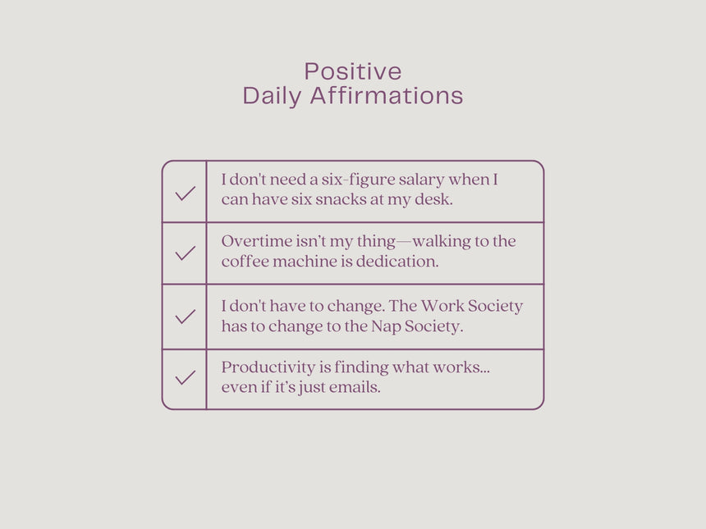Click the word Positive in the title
click(353, 71)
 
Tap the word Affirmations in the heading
click(387, 95)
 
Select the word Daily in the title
click(272, 97)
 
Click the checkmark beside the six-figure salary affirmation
click(185, 193)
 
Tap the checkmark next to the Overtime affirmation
click(185, 253)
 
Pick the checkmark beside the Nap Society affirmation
click(185, 317)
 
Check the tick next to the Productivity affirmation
click(185, 377)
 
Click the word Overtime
click(257, 241)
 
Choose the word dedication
click(397, 262)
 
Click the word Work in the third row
click(442, 306)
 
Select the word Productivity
click(268, 368)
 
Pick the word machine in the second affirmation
click(305, 262)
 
